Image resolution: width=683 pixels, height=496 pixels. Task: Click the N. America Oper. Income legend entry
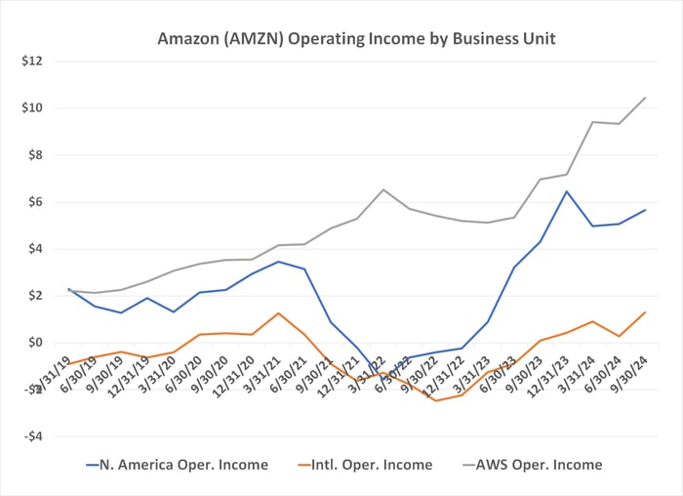(176, 465)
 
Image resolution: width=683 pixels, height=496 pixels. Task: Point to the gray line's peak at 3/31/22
(383, 189)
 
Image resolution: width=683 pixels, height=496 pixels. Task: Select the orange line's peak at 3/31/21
(278, 313)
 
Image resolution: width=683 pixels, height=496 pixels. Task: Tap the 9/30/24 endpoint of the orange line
(645, 312)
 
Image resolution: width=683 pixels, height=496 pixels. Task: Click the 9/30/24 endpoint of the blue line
(645, 210)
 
